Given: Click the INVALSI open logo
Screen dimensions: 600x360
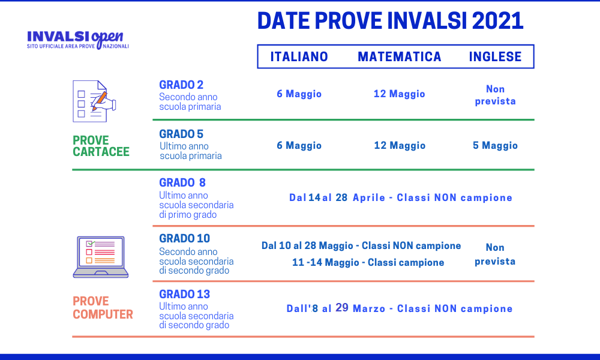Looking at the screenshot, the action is pyautogui.click(x=77, y=40).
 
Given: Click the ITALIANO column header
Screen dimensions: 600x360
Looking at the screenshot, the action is pyautogui.click(x=299, y=56).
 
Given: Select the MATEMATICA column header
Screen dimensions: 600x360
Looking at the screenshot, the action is pyautogui.click(x=400, y=56).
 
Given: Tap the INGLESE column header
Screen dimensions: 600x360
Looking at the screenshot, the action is pyautogui.click(x=495, y=56).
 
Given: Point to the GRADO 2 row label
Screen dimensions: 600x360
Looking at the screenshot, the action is pyautogui.click(x=181, y=85).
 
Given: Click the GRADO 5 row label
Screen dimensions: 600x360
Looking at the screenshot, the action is pyautogui.click(x=181, y=134).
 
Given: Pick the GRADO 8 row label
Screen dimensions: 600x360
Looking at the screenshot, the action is pyautogui.click(x=182, y=182).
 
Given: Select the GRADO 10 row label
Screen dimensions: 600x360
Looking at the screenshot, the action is pyautogui.click(x=185, y=238).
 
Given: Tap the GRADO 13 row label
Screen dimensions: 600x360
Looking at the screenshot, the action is pyautogui.click(x=185, y=294).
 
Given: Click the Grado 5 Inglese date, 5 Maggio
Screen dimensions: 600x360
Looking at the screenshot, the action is pyautogui.click(x=495, y=145).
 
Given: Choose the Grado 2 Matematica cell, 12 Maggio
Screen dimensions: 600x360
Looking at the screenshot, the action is pyautogui.click(x=400, y=94).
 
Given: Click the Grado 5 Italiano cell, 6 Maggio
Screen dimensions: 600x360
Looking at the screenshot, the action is pyautogui.click(x=299, y=145).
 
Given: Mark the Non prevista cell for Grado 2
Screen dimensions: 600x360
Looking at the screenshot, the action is pyautogui.click(x=495, y=95).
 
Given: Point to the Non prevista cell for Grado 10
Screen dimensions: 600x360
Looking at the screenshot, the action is pyautogui.click(x=495, y=254).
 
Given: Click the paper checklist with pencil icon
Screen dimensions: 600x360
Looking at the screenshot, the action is pyautogui.click(x=94, y=101).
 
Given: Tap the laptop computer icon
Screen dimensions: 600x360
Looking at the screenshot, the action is pyautogui.click(x=101, y=257).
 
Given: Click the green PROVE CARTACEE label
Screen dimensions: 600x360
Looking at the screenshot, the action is pyautogui.click(x=101, y=146).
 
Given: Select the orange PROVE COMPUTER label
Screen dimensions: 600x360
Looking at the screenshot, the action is pyautogui.click(x=103, y=308).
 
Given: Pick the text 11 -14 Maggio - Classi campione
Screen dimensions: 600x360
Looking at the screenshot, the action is pyautogui.click(x=368, y=262).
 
